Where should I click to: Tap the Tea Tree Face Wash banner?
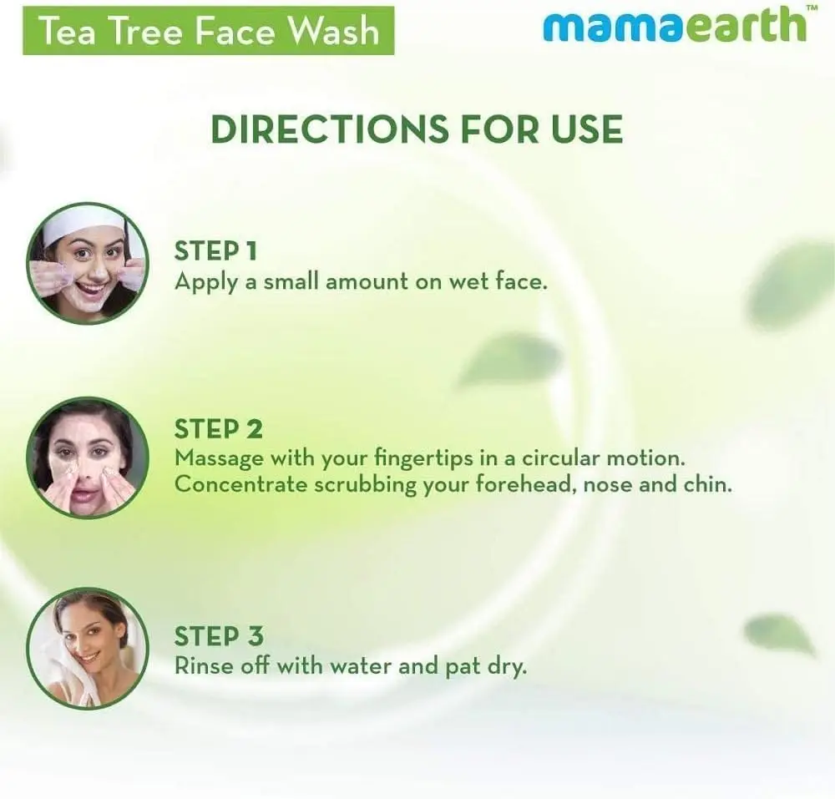coord(208,30)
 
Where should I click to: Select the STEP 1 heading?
coord(215,251)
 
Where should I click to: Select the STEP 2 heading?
coord(218,429)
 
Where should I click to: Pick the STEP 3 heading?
coord(219,636)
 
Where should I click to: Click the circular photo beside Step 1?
coord(88,264)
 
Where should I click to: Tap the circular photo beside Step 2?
coord(88,458)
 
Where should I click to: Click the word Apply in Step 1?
coord(205,283)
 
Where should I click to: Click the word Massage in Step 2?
coord(219,459)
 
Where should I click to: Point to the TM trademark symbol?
coord(812,8)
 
